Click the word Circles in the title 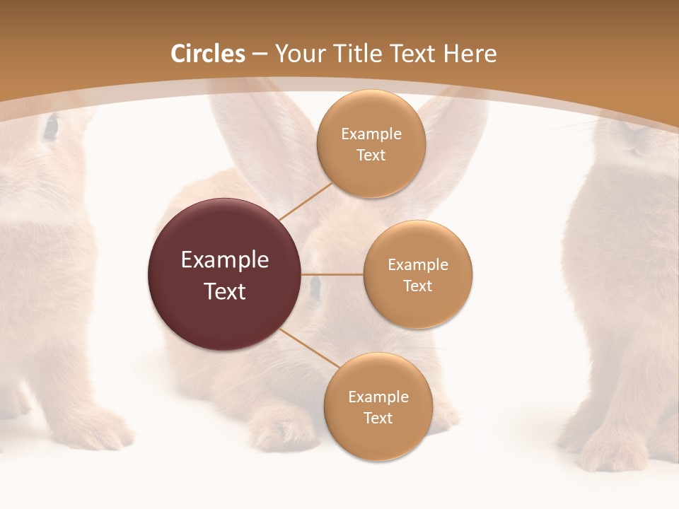tap(208, 54)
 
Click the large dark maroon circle tap(225, 274)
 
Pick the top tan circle tap(371, 144)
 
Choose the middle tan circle tap(417, 274)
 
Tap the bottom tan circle tap(378, 406)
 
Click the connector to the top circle tap(306, 200)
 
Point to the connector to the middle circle tap(332, 274)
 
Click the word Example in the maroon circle tap(225, 260)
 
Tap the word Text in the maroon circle tap(225, 291)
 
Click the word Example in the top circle tap(371, 134)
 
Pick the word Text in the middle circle tap(417, 286)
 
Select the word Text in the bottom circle tap(378, 418)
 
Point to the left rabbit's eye tap(51, 127)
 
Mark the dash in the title tap(260, 54)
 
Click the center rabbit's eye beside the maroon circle tap(315, 286)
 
